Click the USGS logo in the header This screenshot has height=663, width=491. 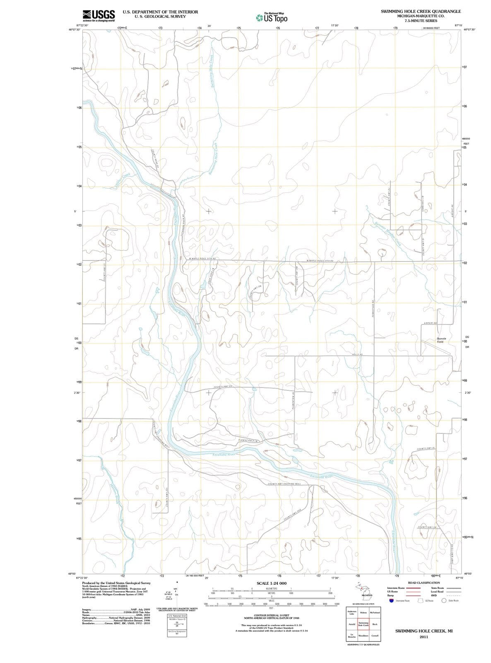click(x=99, y=15)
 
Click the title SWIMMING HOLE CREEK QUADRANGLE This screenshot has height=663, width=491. click(x=421, y=11)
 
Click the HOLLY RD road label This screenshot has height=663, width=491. click(x=357, y=355)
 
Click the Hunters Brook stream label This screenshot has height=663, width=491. click(x=114, y=493)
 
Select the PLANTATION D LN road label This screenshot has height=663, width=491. click(x=248, y=440)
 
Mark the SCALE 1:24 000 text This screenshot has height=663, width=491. click(x=272, y=583)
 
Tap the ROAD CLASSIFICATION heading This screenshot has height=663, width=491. click(x=424, y=583)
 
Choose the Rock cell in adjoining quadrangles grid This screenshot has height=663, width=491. click(x=375, y=624)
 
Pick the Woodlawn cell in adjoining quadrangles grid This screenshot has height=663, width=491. click(x=363, y=635)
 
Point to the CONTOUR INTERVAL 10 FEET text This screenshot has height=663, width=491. click(x=271, y=615)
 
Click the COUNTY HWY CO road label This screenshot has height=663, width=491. click(x=223, y=387)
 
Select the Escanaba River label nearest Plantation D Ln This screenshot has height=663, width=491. click(x=224, y=455)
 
